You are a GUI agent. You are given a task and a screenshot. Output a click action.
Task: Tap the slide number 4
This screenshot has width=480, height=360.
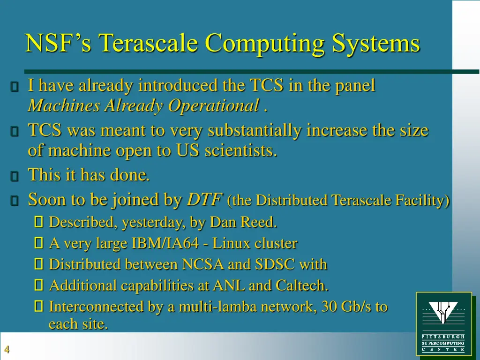coord(7,350)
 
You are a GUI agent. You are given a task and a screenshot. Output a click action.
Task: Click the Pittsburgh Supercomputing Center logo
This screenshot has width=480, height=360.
coord(443,323)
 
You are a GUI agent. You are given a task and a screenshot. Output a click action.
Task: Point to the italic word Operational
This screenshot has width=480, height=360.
coord(213,106)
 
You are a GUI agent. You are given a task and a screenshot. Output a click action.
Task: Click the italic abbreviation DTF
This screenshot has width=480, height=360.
coord(204,200)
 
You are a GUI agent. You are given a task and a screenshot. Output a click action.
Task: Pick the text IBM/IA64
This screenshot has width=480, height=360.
coord(169,244)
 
